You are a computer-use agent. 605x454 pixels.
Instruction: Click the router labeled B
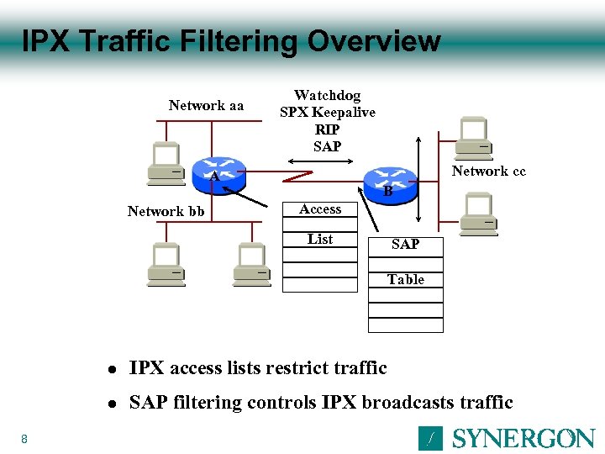(x=391, y=182)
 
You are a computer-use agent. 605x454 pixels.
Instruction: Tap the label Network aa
(x=206, y=106)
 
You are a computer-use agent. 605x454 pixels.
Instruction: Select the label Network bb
(x=166, y=211)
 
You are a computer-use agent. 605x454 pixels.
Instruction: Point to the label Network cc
(x=488, y=172)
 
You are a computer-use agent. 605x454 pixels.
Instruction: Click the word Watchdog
(x=327, y=96)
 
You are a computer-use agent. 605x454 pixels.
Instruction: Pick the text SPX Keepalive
(x=327, y=113)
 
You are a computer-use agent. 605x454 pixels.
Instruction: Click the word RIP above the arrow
(x=327, y=129)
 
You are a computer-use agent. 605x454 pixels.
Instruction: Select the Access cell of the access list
(x=320, y=209)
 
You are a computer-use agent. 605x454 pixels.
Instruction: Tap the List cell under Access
(x=320, y=240)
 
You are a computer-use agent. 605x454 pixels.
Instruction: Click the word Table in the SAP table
(x=405, y=279)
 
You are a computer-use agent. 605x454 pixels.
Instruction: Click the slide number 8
(x=24, y=438)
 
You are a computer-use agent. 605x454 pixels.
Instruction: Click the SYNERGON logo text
(x=523, y=438)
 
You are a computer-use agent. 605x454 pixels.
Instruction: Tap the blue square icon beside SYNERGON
(x=430, y=438)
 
